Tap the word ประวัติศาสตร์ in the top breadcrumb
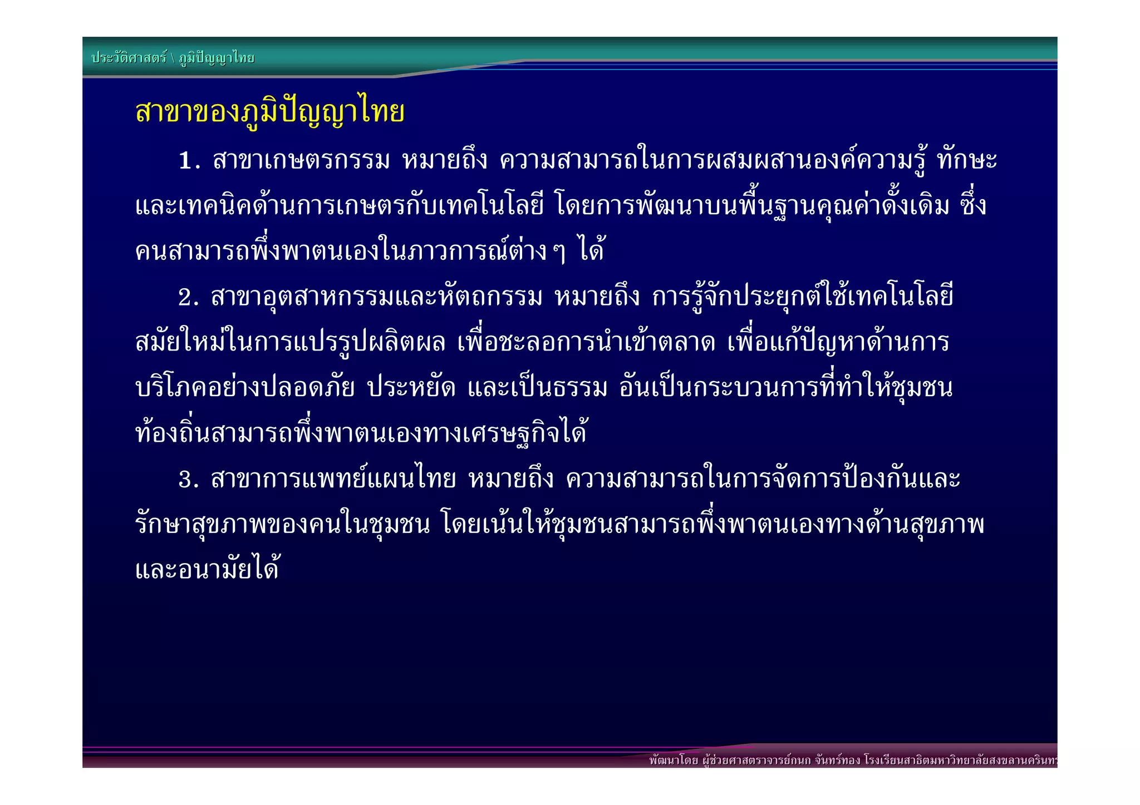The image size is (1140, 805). (129, 58)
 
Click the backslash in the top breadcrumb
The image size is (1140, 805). (173, 58)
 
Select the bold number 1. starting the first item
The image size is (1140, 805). (189, 161)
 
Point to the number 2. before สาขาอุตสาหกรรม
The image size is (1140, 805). (188, 298)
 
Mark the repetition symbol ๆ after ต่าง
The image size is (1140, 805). (559, 252)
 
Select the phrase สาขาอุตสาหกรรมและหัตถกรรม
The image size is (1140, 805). (376, 298)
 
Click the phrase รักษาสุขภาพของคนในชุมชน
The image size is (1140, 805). (283, 525)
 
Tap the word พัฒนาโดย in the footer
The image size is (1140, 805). (673, 760)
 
